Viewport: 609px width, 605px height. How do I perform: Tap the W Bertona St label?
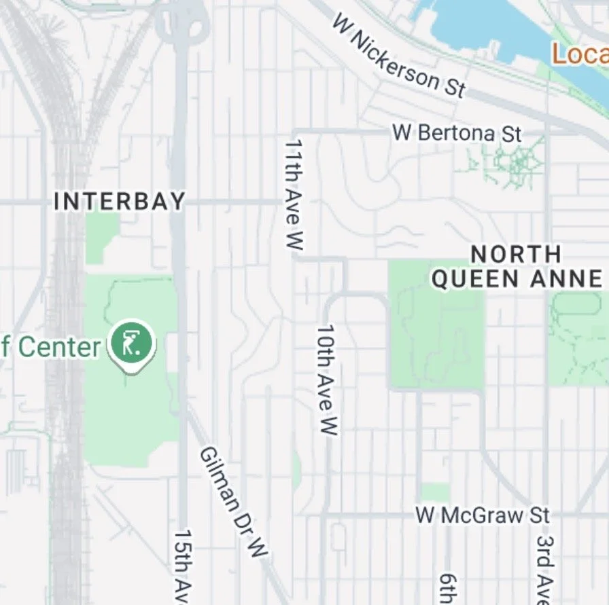(x=457, y=132)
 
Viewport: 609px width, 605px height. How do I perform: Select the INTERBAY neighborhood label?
(x=120, y=201)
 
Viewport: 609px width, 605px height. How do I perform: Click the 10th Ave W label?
(x=327, y=380)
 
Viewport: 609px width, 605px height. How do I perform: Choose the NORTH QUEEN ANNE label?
(x=517, y=267)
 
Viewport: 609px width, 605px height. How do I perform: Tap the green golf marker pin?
(x=133, y=342)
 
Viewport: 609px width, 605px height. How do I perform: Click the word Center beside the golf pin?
(x=60, y=347)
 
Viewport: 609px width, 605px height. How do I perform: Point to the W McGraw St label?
(x=482, y=515)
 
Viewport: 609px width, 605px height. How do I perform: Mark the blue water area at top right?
(x=476, y=24)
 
